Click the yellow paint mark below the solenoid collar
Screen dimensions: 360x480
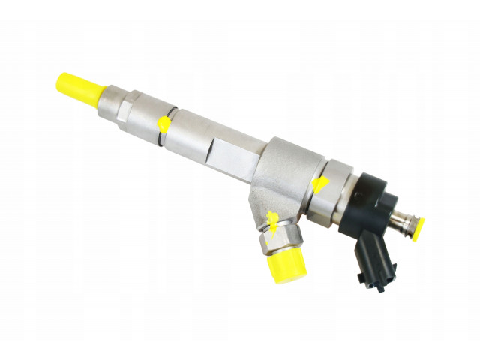(x=320, y=184)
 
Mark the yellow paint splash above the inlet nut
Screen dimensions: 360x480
(x=274, y=220)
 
